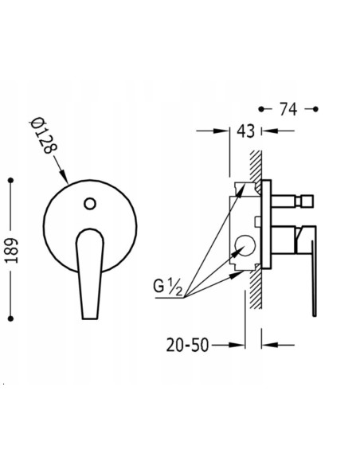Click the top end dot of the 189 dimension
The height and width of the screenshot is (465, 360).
(x=10, y=182)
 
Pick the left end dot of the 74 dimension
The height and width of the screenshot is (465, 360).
(x=261, y=108)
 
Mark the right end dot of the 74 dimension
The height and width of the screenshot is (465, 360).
(x=315, y=108)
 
